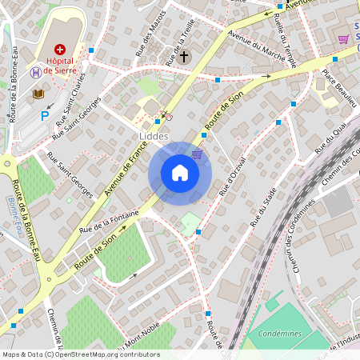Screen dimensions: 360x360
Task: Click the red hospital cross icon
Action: pos(60,50)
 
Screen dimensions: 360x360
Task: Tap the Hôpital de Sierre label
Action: pos(60,65)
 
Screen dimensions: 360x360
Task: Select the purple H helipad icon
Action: pos(36,71)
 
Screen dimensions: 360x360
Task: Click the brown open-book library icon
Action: pos(38,94)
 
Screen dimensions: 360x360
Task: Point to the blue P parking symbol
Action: pos(45,115)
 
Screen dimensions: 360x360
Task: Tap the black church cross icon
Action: pos(185,57)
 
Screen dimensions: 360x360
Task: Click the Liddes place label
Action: pos(154,136)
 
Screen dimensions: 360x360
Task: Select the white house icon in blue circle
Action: pos(180,173)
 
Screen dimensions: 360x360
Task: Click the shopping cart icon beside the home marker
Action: pos(197,154)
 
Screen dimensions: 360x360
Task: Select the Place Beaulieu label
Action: pos(339,87)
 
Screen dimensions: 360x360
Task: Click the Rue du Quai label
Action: pos(330,137)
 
